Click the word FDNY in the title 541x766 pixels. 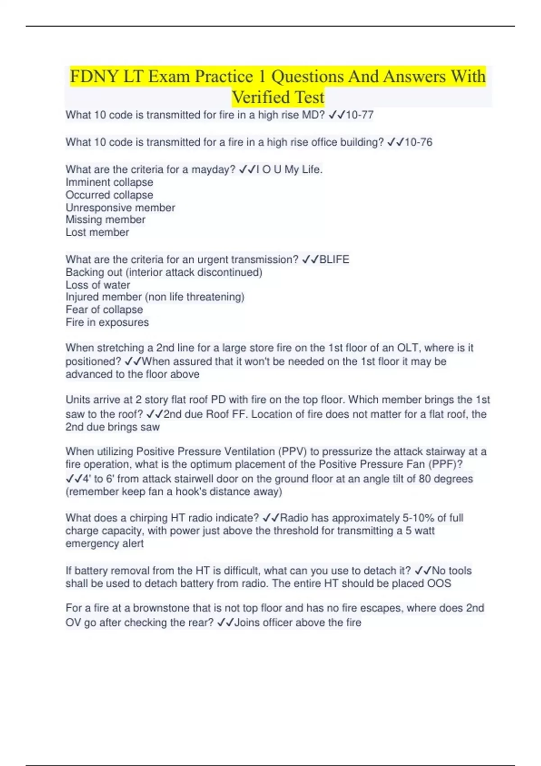94,77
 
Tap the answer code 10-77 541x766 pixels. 359,115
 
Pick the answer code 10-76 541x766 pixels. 418,142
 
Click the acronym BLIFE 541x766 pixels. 334,260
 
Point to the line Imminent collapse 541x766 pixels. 109,182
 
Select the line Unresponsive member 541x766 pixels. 120,208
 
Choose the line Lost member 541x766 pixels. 97,233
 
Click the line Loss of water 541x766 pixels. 97,285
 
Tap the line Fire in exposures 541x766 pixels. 107,323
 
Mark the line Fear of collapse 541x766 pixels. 104,310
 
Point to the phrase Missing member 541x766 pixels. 105,220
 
